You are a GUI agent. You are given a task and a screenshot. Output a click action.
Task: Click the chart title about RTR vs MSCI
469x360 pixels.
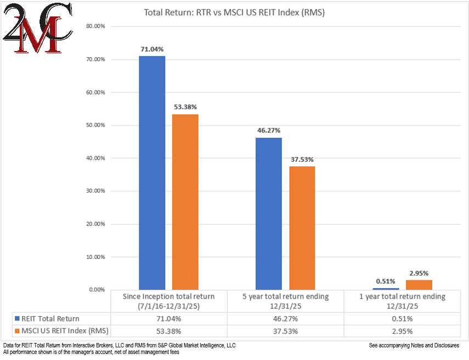[x=234, y=12]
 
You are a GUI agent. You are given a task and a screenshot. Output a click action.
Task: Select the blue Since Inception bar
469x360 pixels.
[x=152, y=173]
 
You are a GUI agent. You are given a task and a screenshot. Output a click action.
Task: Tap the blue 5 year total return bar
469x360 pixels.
[x=268, y=213]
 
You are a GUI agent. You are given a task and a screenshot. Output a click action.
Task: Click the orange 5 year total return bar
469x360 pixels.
[x=302, y=228]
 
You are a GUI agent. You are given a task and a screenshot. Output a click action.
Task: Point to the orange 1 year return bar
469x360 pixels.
[x=419, y=285]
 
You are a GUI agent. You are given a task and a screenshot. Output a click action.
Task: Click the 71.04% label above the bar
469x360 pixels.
[x=152, y=49]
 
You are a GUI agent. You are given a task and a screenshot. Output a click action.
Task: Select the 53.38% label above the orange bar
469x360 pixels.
[x=185, y=107]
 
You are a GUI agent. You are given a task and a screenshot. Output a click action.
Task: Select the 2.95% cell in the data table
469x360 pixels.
[x=402, y=331]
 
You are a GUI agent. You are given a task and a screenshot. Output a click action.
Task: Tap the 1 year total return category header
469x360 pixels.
[x=402, y=301]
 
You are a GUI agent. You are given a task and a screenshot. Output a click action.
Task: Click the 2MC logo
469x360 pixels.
[x=36, y=29]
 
